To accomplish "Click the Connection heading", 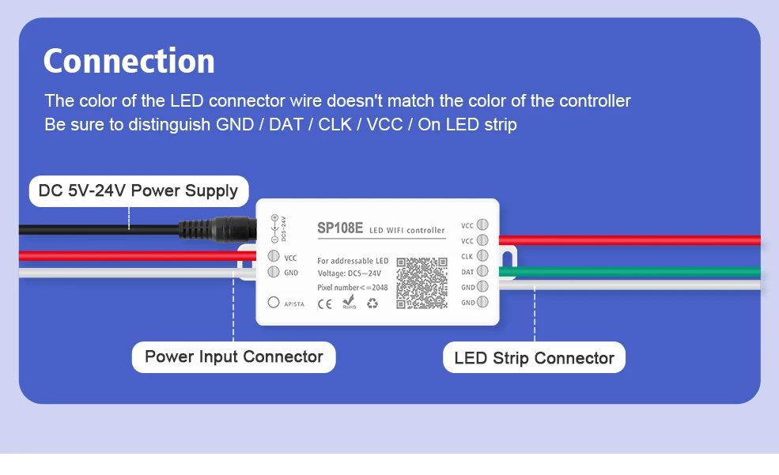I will click(129, 62).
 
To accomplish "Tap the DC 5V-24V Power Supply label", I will click(138, 190).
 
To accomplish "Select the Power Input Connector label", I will click(233, 356).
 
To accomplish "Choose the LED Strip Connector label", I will click(534, 358).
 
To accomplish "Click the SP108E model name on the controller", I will click(340, 228).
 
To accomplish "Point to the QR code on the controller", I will click(422, 282).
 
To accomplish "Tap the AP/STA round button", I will click(274, 302).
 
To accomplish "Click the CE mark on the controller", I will click(324, 302).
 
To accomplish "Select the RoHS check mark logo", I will click(349, 301).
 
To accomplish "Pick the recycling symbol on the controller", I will click(372, 302).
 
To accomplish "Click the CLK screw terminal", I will click(482, 256).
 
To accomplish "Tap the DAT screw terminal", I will click(482, 272).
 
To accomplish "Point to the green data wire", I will click(633, 273).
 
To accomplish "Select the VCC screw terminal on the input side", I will click(274, 256).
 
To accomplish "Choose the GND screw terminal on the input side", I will click(274, 272).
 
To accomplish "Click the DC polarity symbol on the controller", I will click(275, 228).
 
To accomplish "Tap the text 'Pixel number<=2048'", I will click(353, 287).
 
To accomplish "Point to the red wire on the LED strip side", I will click(633, 240).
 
